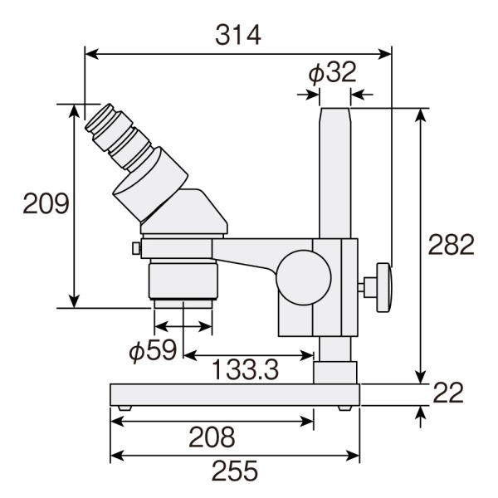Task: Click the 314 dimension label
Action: pos(238,35)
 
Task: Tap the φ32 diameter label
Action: pos(332,73)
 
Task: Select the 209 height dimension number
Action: pos(46,203)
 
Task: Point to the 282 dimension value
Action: pos(451,245)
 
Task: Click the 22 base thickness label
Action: pos(448,393)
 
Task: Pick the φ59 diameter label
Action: pos(153,350)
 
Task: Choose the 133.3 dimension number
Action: pos(245,370)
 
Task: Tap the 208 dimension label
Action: pos(212,437)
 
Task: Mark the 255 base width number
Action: pos(235,471)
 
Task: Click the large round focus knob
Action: pos(304,277)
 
